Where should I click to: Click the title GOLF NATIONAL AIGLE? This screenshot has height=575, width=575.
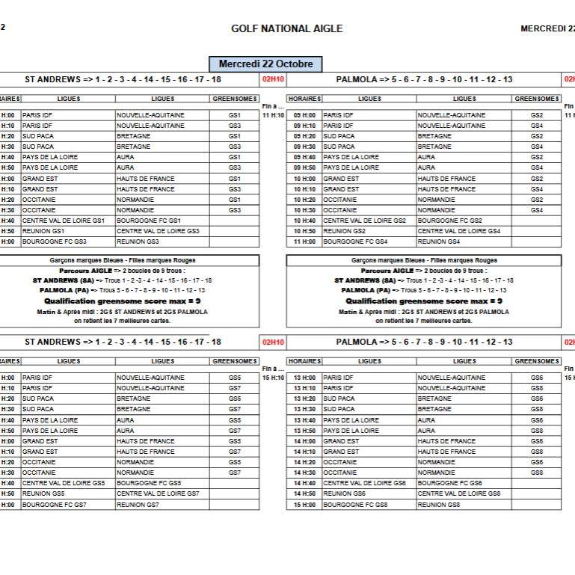287,29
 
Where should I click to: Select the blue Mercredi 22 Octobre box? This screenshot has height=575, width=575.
265,64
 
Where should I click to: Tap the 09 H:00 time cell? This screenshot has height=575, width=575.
304,115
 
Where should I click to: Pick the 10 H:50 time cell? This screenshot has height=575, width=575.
304,231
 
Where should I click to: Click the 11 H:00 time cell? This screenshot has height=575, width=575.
304,242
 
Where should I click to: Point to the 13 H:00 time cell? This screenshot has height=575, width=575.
304,378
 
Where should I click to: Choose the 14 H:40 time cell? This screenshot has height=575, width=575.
304,483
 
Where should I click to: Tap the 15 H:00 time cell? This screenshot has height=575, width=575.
304,505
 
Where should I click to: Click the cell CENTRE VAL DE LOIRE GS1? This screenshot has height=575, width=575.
64,221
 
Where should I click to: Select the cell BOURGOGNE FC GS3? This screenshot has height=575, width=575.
55,242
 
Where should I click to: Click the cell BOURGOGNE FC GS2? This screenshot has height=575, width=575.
449,221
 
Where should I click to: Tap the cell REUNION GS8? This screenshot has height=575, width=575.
439,505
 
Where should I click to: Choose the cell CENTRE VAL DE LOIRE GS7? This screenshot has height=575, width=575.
158,493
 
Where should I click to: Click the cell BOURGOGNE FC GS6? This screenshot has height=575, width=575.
449,483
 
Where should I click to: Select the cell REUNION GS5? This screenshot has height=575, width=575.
43,493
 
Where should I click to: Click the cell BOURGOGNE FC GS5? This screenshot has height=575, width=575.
149,483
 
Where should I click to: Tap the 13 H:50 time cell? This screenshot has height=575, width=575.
304,431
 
